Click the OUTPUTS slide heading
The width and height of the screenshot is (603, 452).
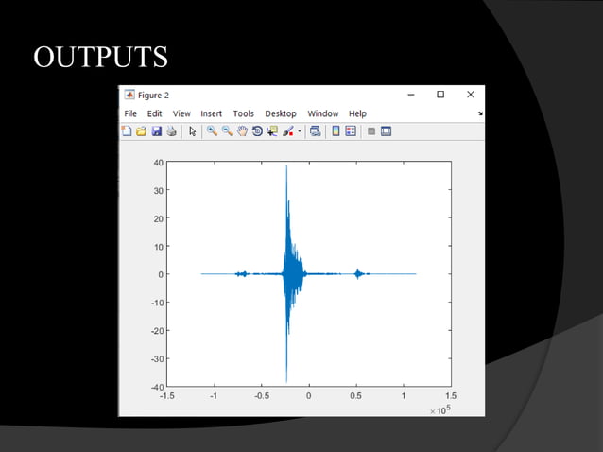[100, 57]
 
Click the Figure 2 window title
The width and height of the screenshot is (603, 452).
[153, 95]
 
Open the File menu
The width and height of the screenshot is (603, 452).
[130, 113]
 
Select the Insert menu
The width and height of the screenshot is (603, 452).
[211, 113]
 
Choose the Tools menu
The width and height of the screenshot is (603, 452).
[243, 113]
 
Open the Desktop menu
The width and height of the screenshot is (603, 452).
[280, 113]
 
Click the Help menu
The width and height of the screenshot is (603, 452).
[357, 113]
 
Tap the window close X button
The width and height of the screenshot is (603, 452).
[470, 95]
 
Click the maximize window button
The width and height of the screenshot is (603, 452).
[440, 95]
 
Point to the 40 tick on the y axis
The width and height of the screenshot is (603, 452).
[159, 163]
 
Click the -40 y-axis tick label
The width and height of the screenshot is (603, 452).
[157, 386]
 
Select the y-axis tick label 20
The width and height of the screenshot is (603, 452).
[159, 218]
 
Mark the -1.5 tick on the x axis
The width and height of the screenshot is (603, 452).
[167, 397]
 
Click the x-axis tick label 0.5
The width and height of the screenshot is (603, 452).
[355, 397]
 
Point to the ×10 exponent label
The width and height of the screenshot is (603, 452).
[439, 410]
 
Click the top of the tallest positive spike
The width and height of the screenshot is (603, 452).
[286, 166]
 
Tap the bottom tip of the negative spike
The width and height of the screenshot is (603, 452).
[286, 381]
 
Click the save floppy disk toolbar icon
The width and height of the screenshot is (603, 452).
[156, 131]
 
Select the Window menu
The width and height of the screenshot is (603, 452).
[322, 113]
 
